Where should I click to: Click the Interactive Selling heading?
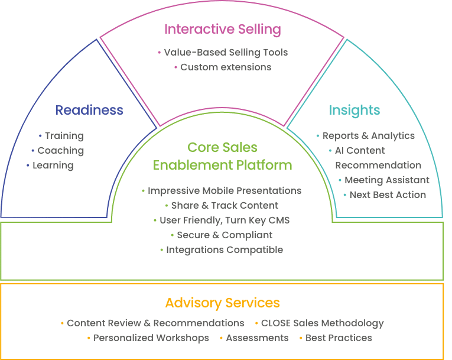(x=222, y=29)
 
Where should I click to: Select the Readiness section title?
(x=89, y=110)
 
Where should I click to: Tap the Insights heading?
(x=355, y=110)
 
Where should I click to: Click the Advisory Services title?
(x=222, y=303)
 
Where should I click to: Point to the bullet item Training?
(x=64, y=136)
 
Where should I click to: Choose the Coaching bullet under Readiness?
(x=60, y=151)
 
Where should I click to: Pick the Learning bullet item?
(x=53, y=166)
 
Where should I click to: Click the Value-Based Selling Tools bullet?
(x=226, y=53)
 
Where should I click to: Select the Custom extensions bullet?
(x=226, y=67)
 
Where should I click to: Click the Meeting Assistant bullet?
(x=387, y=180)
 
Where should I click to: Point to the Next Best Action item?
(x=388, y=194)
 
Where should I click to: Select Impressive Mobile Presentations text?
(x=224, y=191)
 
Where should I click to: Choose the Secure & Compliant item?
(x=224, y=235)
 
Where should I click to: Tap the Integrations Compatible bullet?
(x=224, y=250)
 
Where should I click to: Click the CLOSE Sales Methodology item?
(x=322, y=323)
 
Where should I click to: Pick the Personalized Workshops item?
(x=151, y=338)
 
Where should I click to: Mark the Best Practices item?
(x=339, y=338)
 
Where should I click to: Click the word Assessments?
(x=257, y=338)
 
